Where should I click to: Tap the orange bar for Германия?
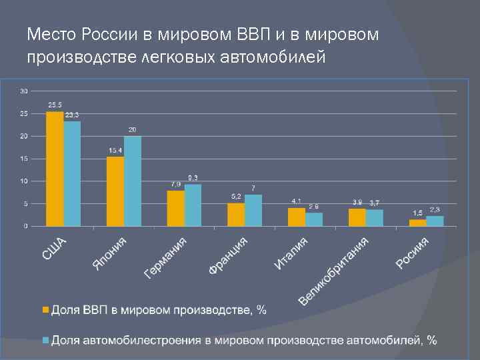[x=175, y=209]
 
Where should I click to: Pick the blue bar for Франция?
[x=253, y=211]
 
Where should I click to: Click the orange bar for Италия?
[x=296, y=217]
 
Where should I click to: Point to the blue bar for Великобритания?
[x=375, y=218]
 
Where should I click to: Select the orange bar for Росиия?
[x=417, y=223]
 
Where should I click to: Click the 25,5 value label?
[x=55, y=105]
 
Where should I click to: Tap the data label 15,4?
[x=115, y=151]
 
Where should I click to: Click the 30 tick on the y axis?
[x=24, y=91]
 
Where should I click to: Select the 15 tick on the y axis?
[x=24, y=159]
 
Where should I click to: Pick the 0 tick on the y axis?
[x=26, y=226]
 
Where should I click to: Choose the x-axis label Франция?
[x=228, y=255]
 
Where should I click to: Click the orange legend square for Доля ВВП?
[x=45, y=310]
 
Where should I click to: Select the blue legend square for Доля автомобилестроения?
[x=45, y=340]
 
